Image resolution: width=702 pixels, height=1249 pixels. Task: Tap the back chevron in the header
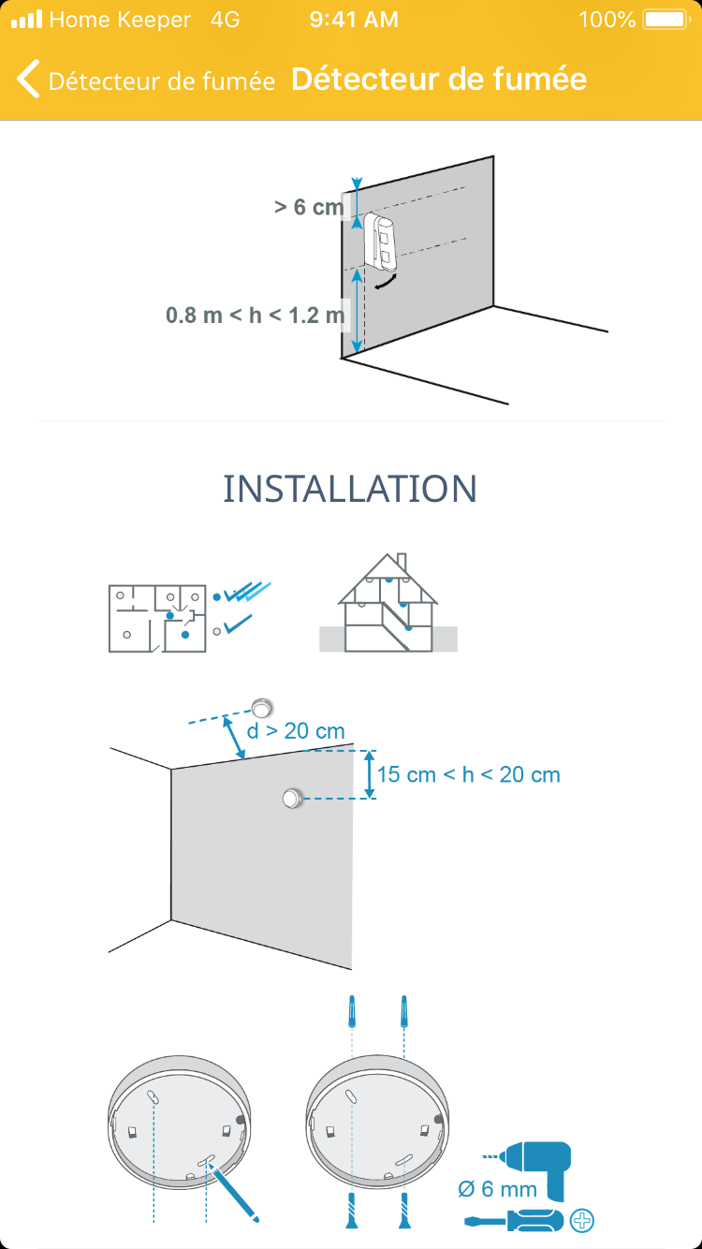pos(28,79)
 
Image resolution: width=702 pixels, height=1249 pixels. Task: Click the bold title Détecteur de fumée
pos(439,79)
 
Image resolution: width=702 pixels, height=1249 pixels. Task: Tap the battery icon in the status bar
pos(666,20)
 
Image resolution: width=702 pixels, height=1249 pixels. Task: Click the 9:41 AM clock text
pos(354,20)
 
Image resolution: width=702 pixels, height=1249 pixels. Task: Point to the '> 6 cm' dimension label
pos(309,207)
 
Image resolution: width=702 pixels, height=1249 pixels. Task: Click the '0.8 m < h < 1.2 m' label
pos(255,315)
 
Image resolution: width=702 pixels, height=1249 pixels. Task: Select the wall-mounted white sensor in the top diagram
pos(381,241)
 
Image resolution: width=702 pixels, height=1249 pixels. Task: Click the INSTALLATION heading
pos(350,489)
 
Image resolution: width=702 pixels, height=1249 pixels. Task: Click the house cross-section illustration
pos(388,603)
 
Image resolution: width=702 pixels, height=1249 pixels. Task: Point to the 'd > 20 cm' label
pos(296,731)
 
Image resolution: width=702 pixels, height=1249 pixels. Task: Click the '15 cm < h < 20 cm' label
pos(468,774)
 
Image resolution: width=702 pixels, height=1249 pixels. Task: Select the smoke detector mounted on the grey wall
pos(292,798)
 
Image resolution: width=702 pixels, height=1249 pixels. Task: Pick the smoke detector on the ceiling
pos(261,708)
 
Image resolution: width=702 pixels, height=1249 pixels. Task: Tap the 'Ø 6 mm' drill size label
pos(497,1189)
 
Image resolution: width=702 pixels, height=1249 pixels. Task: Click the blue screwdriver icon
pos(514,1222)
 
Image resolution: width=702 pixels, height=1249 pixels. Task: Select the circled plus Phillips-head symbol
pos(581,1221)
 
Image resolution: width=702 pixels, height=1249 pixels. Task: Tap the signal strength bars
pos(27,20)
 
